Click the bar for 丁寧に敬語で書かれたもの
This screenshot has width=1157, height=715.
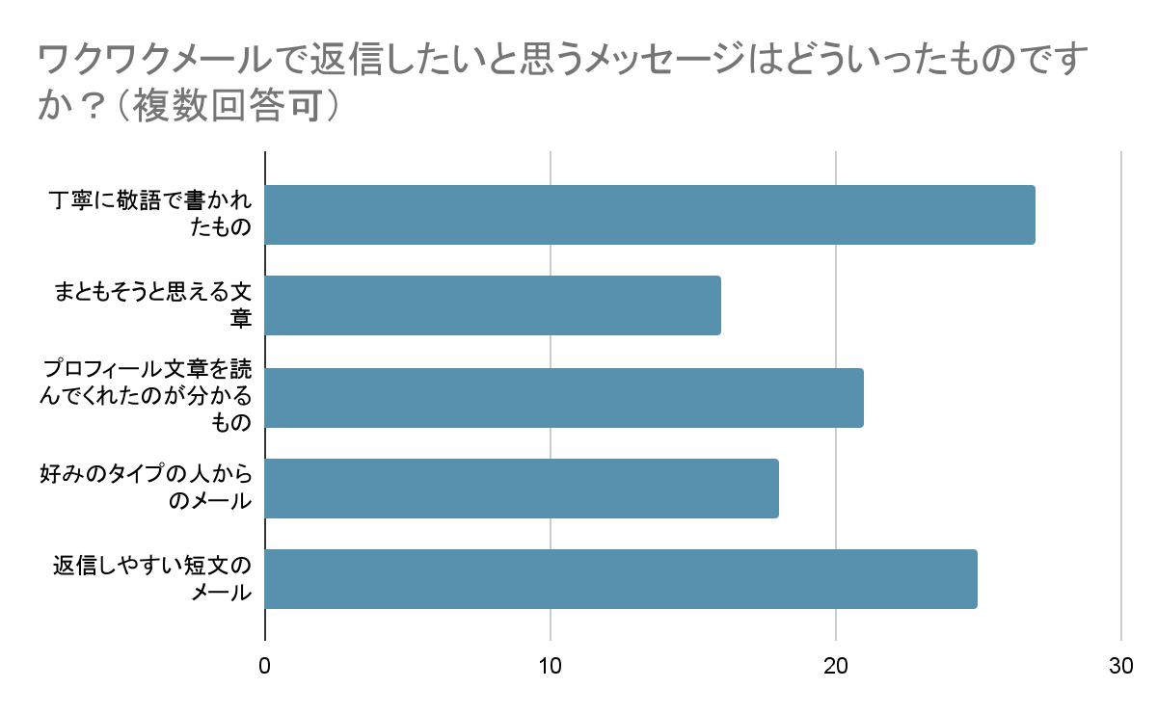pyautogui.click(x=650, y=215)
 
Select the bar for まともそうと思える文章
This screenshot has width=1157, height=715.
pyautogui.click(x=493, y=305)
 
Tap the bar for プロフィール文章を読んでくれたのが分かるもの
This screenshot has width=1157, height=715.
pyautogui.click(x=564, y=397)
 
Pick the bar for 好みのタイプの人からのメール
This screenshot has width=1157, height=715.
pyautogui.click(x=522, y=489)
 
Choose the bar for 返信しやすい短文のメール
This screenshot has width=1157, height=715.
pyautogui.click(x=621, y=579)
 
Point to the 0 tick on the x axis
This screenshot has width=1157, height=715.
pyautogui.click(x=265, y=666)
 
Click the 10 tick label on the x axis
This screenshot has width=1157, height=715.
pyautogui.click(x=551, y=666)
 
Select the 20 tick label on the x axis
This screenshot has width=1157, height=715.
pyautogui.click(x=835, y=666)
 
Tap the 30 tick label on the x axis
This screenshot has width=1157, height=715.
pyautogui.click(x=1120, y=666)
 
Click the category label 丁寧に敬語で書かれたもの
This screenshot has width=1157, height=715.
pyautogui.click(x=150, y=215)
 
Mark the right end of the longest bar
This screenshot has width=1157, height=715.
pyautogui.click(x=1035, y=215)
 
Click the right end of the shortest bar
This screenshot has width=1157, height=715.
pyautogui.click(x=720, y=305)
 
